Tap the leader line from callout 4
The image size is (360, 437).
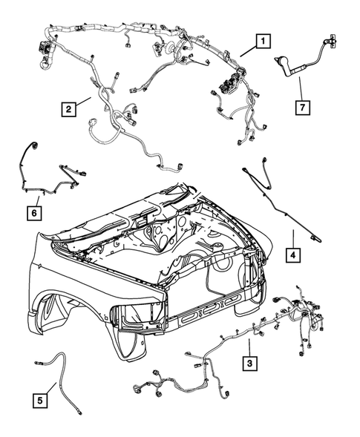click(293, 238)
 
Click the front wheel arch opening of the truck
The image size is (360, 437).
click(63, 312)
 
